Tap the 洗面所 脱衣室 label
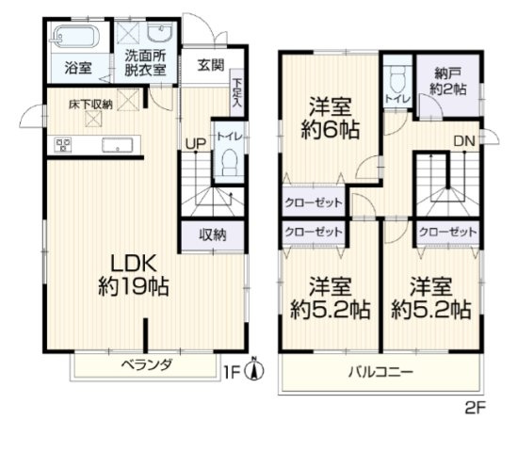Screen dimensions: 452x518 click(146, 61)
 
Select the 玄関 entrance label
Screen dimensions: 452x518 click(211, 65)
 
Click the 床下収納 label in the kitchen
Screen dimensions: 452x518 click(90, 104)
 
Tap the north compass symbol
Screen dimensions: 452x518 click(252, 373)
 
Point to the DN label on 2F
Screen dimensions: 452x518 click(463, 142)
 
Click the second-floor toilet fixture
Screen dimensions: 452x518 click(396, 78)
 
